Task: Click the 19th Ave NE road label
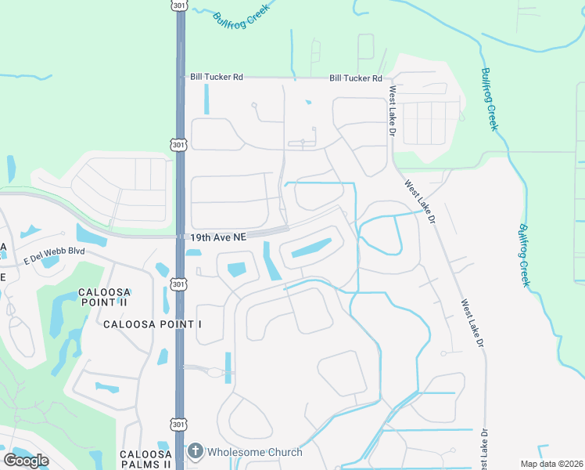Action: (218, 237)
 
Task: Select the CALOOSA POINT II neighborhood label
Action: (102, 297)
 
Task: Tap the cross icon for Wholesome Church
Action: (196, 452)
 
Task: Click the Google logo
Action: (26, 461)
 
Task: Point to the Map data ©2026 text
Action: (551, 464)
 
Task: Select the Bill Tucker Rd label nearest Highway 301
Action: (217, 78)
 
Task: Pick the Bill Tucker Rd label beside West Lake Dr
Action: (356, 78)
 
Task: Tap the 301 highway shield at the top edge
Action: (179, 5)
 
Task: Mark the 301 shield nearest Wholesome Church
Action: (179, 423)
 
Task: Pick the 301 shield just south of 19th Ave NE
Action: (179, 284)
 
